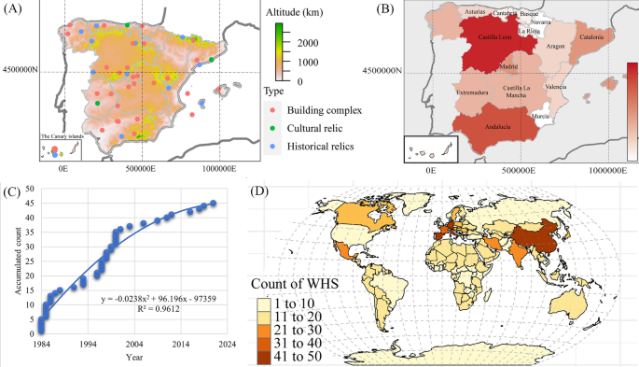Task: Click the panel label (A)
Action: [x=13, y=10]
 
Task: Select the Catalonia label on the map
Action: [x=592, y=37]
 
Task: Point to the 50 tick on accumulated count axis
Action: [x=30, y=190]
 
